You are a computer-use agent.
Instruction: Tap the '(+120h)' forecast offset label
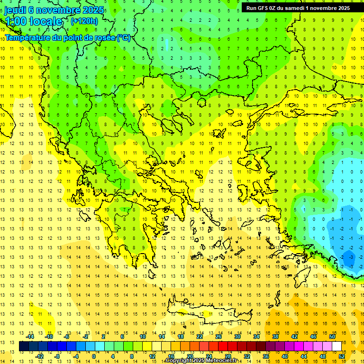click(84, 21)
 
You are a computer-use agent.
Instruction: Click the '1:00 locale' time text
click(34, 21)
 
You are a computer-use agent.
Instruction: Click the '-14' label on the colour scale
click(31, 337)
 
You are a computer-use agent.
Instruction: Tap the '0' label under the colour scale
click(93, 356)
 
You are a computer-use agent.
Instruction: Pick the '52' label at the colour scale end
click(342, 356)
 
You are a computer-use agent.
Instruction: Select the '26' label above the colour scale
click(218, 337)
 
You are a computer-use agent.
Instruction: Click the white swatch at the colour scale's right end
click(337, 346)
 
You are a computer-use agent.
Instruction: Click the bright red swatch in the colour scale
click(223, 346)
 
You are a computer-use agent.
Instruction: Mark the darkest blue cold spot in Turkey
click(350, 257)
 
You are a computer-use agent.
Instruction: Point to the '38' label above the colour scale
click(275, 337)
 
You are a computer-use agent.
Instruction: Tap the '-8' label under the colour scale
click(57, 356)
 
